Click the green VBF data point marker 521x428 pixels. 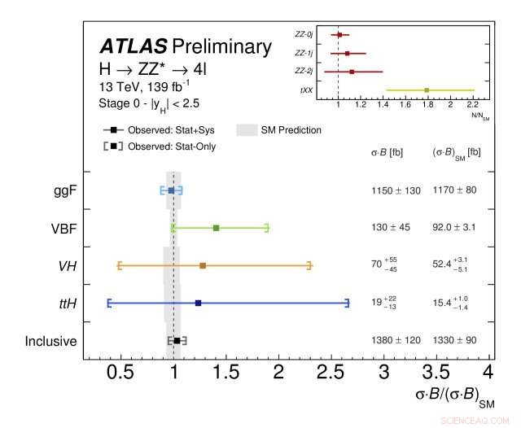(216, 228)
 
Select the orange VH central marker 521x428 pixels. (203, 265)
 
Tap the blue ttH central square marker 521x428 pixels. (198, 303)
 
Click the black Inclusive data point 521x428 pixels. (177, 340)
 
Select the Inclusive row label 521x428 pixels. (50, 341)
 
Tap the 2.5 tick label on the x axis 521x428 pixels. (331, 372)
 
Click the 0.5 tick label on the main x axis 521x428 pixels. (120, 372)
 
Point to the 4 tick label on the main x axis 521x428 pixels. (488, 372)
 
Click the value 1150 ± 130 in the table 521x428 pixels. (396, 190)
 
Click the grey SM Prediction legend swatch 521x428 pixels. (247, 129)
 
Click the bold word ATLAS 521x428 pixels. (133, 46)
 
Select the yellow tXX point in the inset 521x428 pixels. (427, 90)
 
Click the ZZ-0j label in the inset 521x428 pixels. (304, 34)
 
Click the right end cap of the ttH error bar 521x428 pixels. (348, 303)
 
